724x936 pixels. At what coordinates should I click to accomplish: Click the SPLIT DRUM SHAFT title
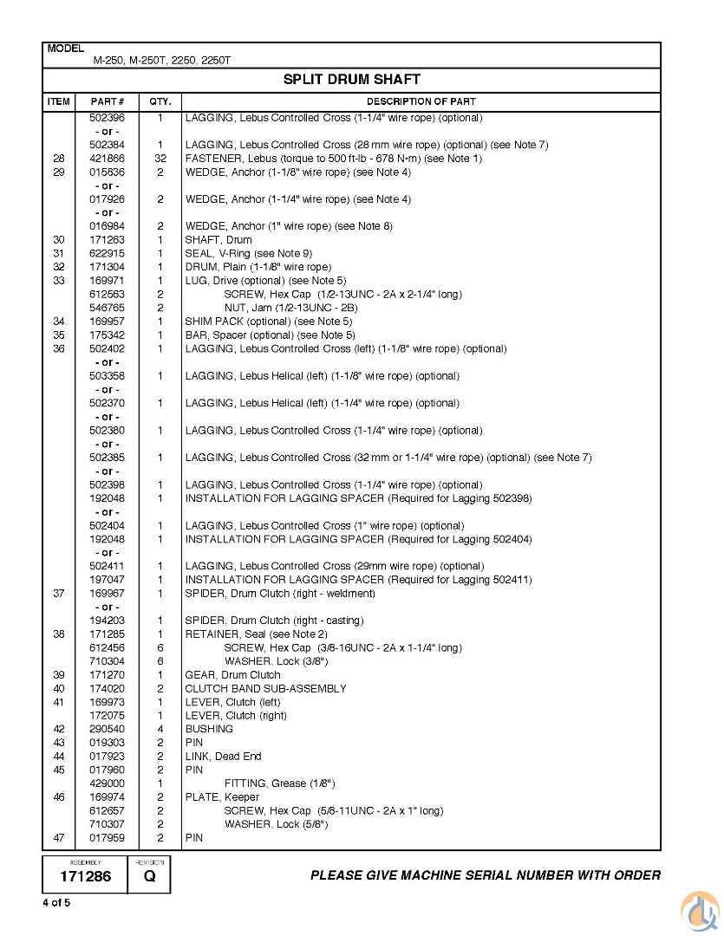(351, 79)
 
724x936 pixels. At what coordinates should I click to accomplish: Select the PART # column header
(108, 101)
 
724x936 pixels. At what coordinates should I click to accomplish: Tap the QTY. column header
(160, 101)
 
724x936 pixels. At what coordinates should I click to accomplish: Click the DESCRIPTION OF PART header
(420, 101)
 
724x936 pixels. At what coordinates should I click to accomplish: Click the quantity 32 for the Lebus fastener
(160, 159)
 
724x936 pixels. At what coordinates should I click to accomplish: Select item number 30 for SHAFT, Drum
(59, 240)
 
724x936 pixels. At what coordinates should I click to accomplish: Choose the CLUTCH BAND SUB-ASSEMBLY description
(265, 688)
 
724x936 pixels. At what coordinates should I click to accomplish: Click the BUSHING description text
(209, 729)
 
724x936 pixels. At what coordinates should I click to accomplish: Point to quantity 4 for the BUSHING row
(160, 729)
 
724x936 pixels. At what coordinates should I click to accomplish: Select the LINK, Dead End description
(223, 757)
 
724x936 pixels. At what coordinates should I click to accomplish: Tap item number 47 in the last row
(59, 838)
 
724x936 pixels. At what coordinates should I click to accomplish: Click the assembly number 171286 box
(85, 876)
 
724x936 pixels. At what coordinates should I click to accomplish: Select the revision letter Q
(149, 876)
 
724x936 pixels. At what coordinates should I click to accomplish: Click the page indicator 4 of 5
(56, 903)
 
